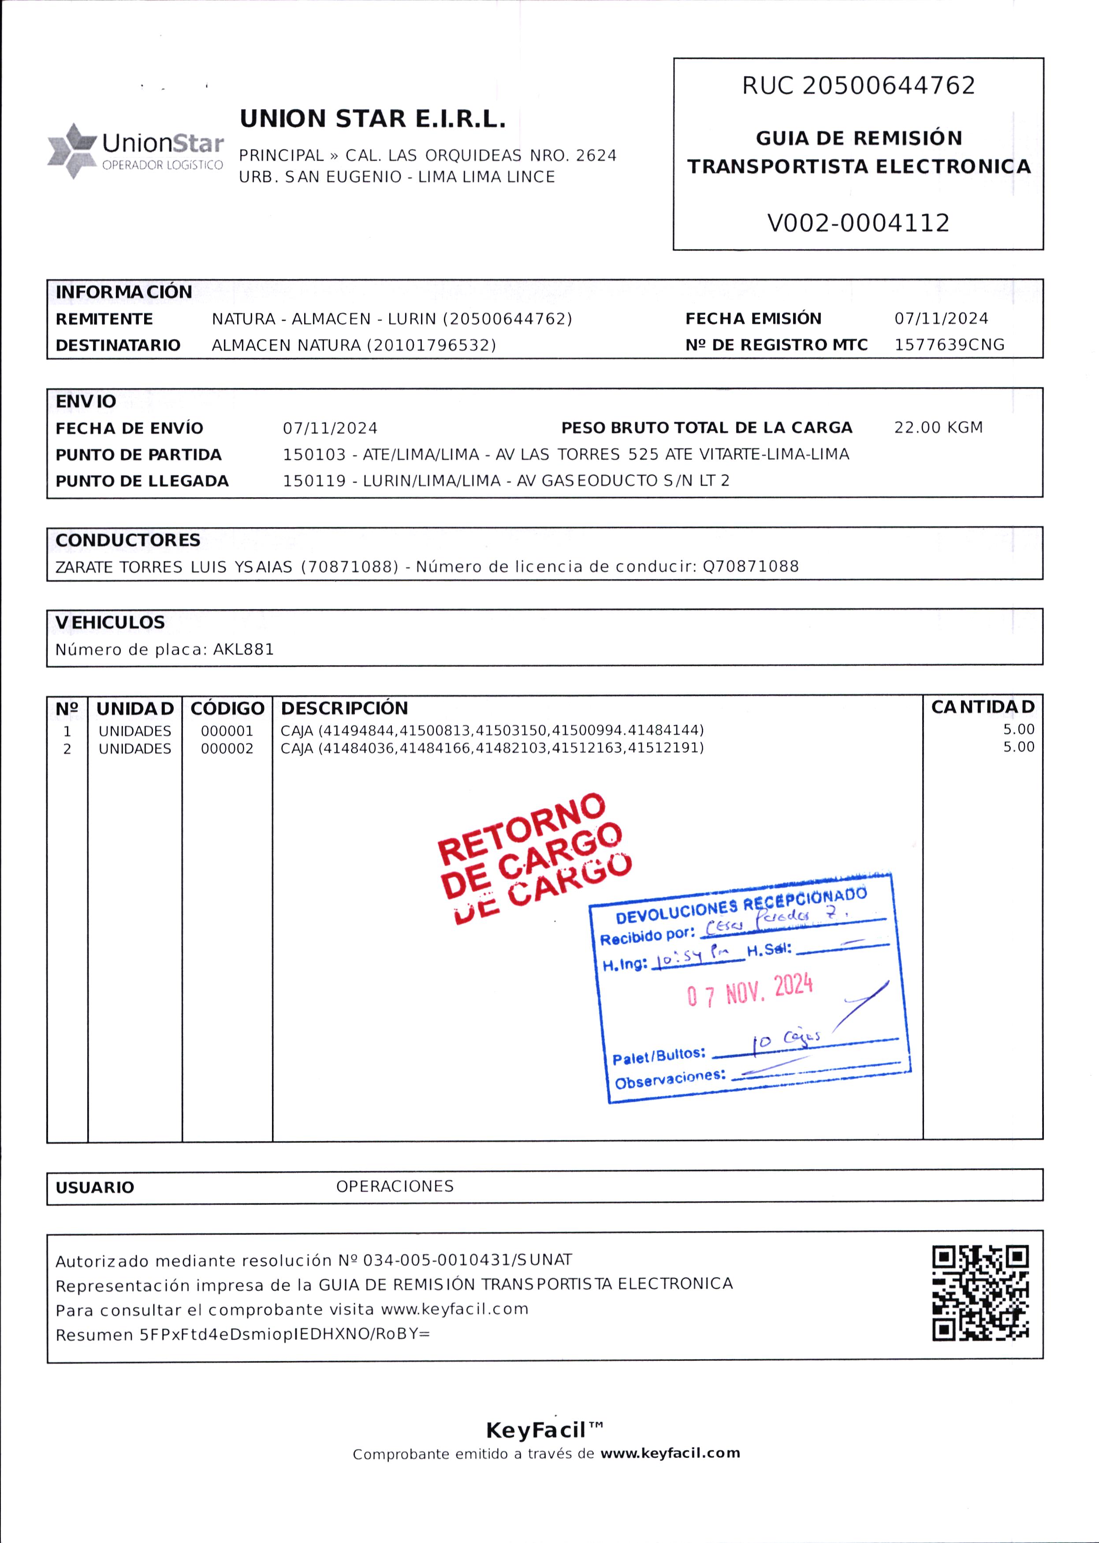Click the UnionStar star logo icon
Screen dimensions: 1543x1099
[x=72, y=150]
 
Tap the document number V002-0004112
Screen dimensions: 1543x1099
[x=858, y=223]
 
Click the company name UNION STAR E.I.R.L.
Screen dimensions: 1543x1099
[x=372, y=119]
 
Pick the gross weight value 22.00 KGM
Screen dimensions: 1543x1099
[x=938, y=428]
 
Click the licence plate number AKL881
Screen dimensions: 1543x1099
[x=244, y=650]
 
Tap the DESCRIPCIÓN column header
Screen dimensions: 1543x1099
[x=344, y=708]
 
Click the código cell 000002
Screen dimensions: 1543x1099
[x=227, y=749]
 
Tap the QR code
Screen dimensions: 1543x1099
[x=980, y=1293]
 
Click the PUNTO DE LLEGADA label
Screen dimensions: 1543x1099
[x=142, y=481]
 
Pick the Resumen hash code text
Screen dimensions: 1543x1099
[x=285, y=1334]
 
